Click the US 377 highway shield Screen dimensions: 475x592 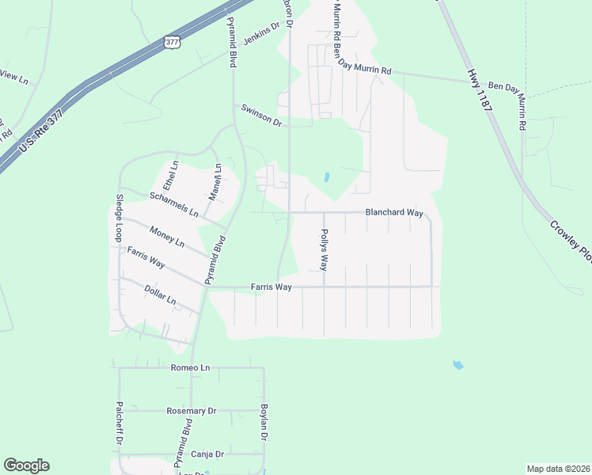pos(172,43)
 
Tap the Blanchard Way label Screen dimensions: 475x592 pos(393,213)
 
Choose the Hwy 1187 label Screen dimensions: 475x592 pos(478,95)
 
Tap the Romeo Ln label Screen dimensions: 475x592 pos(191,368)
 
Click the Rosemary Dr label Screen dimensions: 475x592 pos(192,412)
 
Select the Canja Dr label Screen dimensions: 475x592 pos(207,454)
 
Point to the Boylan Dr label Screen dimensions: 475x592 pos(264,423)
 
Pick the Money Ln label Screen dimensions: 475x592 pos(167,235)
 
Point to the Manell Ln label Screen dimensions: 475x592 pos(214,180)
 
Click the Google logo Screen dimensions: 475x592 pos(26,465)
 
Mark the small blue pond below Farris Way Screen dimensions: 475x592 pos(457,365)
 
